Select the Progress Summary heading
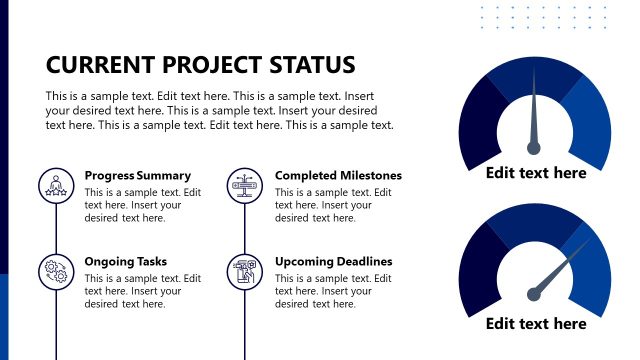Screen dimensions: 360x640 click(138, 176)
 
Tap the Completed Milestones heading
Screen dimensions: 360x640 click(338, 176)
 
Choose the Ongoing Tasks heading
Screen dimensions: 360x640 click(126, 262)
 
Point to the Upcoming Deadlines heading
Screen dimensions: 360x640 click(334, 262)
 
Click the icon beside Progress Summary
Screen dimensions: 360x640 click(54, 185)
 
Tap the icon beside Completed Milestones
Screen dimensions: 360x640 click(244, 185)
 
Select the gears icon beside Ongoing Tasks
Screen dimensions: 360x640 click(54, 271)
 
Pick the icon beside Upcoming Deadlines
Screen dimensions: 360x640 click(244, 271)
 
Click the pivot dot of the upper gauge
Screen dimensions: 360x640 click(534, 148)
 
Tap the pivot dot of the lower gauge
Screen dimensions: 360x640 click(535, 294)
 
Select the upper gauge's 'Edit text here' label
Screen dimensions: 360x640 click(536, 173)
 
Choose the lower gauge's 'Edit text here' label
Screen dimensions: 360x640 click(536, 323)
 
